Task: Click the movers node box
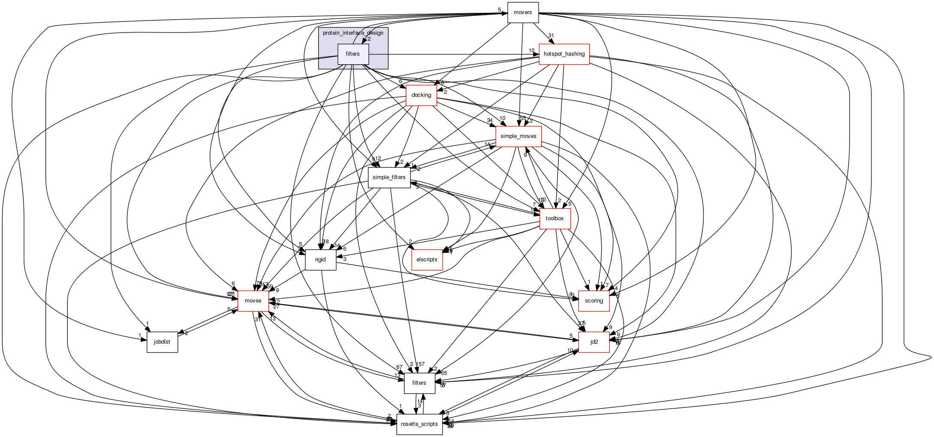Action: click(x=523, y=12)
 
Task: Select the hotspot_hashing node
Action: click(x=564, y=54)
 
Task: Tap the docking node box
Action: click(x=421, y=95)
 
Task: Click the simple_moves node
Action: click(x=518, y=136)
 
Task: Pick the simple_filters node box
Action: click(x=389, y=177)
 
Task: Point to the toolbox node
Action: click(x=554, y=218)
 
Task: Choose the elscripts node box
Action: click(x=427, y=260)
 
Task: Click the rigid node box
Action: click(x=320, y=260)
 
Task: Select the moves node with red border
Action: click(x=253, y=301)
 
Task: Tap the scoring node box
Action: click(x=594, y=301)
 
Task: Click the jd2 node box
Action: click(x=594, y=342)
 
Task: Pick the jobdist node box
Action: click(x=162, y=342)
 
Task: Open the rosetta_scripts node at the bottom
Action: click(x=419, y=424)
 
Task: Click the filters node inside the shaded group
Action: click(x=353, y=54)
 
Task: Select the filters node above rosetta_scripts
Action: click(x=419, y=383)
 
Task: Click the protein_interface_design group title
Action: click(x=353, y=33)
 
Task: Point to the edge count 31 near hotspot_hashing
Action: click(x=551, y=36)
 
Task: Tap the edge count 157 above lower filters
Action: click(x=420, y=364)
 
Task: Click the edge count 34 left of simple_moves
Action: click(x=489, y=120)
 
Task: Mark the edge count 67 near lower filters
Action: click(x=399, y=367)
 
